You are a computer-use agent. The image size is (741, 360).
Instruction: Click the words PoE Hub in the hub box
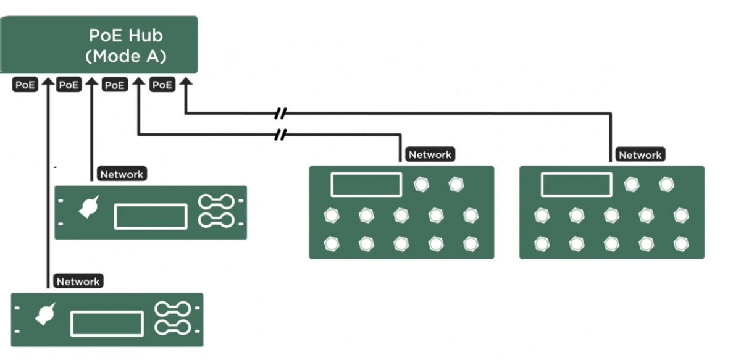point(126,36)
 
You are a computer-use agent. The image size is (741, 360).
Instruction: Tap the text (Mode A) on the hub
point(126,56)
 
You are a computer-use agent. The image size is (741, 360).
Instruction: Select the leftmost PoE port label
point(25,85)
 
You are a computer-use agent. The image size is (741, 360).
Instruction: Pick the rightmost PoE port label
point(162,85)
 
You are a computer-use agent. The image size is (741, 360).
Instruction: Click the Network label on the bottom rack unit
point(78,282)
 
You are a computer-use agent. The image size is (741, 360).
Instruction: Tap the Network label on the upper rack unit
point(122,175)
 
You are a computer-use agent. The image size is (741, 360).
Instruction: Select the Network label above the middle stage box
point(430,155)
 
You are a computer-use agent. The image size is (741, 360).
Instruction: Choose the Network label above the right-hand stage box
point(640,155)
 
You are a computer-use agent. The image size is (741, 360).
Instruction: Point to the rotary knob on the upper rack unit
point(88,207)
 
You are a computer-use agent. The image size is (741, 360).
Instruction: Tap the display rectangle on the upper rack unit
point(151,216)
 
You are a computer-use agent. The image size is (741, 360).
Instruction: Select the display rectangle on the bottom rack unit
point(107,324)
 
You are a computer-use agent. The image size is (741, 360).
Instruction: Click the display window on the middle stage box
point(366,184)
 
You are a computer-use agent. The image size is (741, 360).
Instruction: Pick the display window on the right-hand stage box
point(576,184)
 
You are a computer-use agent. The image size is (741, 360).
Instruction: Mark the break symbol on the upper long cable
point(281,114)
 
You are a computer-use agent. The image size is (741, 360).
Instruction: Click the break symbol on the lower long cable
point(281,133)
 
